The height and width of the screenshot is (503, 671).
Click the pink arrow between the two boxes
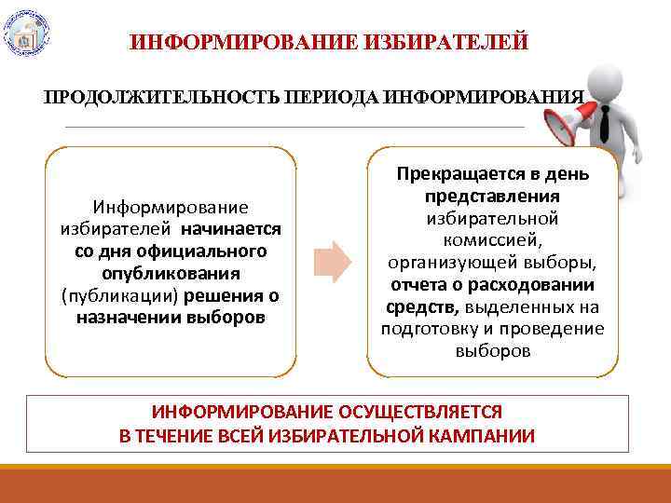coord(332,261)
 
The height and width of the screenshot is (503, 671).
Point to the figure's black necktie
coord(606,121)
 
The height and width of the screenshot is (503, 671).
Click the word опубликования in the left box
coord(171,273)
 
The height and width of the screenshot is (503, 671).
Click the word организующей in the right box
coord(458,263)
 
